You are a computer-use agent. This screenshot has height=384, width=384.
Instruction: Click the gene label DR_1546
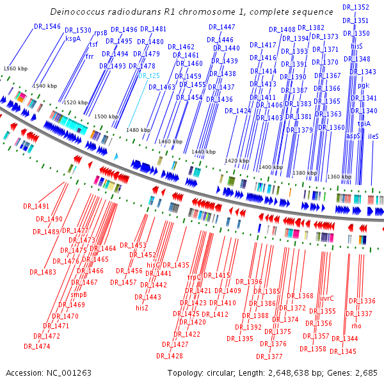tap(47, 26)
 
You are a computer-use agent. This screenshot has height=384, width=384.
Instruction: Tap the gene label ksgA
tap(74, 38)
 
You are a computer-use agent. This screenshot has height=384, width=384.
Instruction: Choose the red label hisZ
tap(142, 308)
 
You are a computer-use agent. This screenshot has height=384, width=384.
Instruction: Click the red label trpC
tap(195, 277)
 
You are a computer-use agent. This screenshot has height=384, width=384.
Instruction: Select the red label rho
tap(356, 326)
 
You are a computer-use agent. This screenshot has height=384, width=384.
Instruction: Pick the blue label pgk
tap(364, 84)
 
